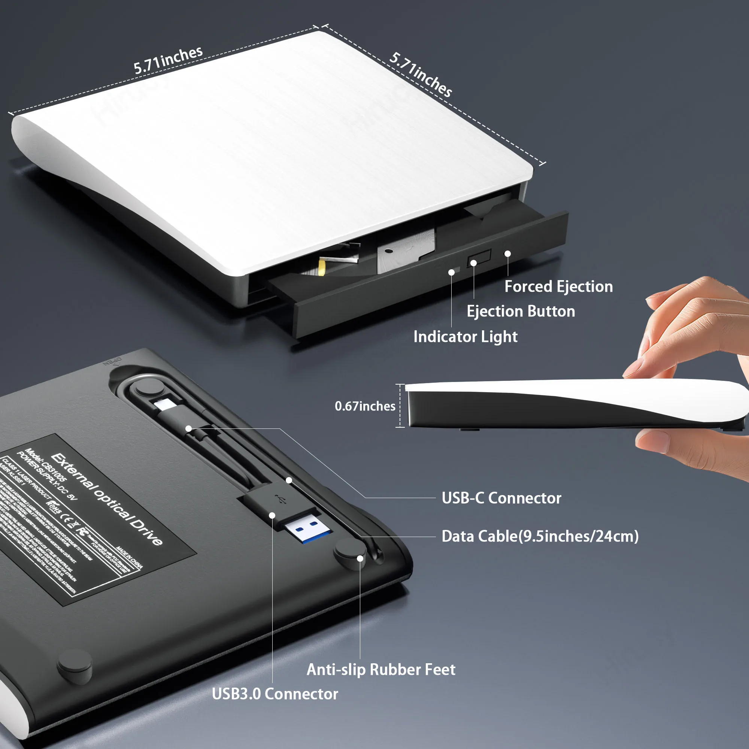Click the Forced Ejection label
point(558,286)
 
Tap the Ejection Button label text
point(520,311)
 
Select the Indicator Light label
point(465,337)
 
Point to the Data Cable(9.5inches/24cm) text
point(540,536)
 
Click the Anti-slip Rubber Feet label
point(381,670)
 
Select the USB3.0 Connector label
point(275,694)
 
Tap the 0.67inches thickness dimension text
point(365,406)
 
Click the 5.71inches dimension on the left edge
point(168,60)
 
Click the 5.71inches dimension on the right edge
point(421,75)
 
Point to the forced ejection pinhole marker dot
point(507,254)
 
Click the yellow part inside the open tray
point(322,267)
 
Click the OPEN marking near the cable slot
point(112,361)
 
